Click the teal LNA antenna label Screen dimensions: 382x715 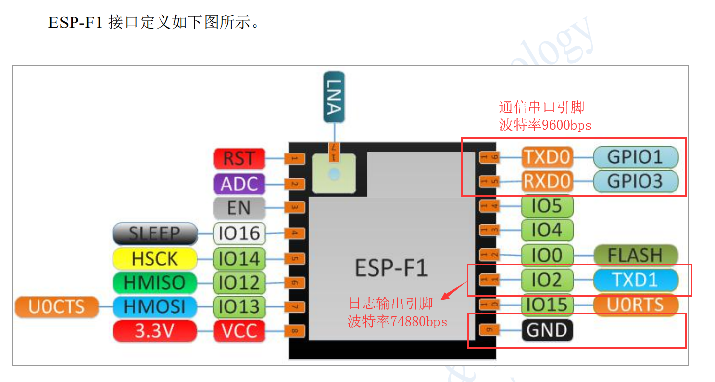point(334,97)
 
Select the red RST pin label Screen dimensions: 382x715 point(239,159)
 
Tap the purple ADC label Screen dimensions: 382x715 point(239,184)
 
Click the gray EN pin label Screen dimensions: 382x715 point(239,208)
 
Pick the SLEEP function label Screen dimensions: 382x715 point(154,233)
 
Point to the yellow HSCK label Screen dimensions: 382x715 point(154,258)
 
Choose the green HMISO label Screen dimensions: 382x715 point(154,283)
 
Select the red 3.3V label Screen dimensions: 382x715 point(154,331)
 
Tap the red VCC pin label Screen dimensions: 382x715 point(239,331)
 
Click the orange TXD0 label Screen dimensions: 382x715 point(547,157)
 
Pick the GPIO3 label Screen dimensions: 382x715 point(635,181)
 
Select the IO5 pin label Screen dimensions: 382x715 point(547,206)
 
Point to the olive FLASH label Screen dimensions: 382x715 point(635,255)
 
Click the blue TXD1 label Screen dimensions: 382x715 point(635,280)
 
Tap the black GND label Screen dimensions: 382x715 point(547,330)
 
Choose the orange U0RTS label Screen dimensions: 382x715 point(635,305)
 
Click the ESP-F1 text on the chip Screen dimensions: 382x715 point(391,267)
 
